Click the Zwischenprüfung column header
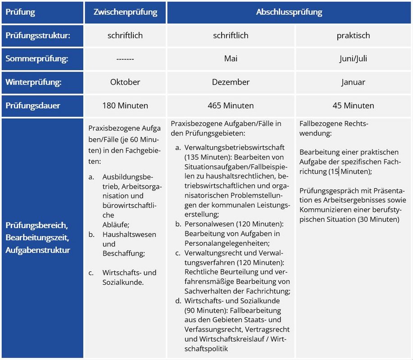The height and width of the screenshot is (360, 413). (125, 12)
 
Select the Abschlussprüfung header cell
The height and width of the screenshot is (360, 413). (289, 12)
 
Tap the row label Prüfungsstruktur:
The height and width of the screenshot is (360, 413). (38, 36)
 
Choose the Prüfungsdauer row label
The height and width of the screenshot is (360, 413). (33, 106)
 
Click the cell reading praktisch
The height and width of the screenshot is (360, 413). (353, 36)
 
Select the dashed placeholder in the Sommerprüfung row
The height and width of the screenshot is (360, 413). (125, 59)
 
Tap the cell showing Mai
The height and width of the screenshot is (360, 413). (231, 59)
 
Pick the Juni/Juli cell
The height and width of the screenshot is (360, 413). (353, 59)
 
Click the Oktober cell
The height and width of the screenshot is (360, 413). (125, 82)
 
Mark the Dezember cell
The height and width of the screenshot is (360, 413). (231, 82)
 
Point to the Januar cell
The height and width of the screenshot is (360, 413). (353, 82)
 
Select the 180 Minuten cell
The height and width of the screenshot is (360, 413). (125, 106)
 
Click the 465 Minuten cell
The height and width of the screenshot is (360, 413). (231, 106)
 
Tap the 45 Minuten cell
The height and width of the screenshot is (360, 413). (353, 106)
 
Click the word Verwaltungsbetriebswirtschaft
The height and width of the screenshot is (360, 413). (234, 148)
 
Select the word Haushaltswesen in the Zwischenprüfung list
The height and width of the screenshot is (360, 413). (129, 234)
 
